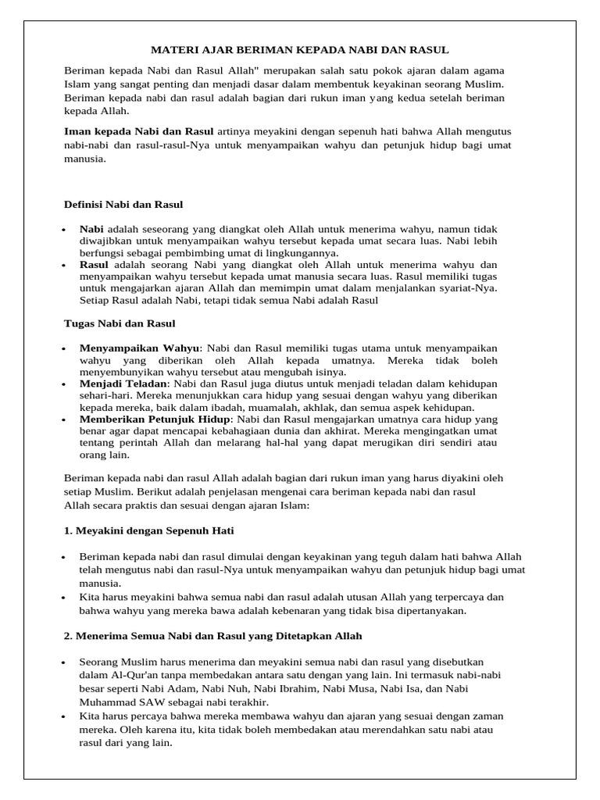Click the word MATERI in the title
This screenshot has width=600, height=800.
tap(170, 50)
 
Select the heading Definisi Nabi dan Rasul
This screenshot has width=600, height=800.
tap(123, 205)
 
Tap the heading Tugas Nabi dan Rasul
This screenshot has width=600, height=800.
tap(119, 323)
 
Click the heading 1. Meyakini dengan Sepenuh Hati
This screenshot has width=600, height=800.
tap(148, 530)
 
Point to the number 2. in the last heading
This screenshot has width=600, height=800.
tap(68, 636)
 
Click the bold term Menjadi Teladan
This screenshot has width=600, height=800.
tap(123, 384)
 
